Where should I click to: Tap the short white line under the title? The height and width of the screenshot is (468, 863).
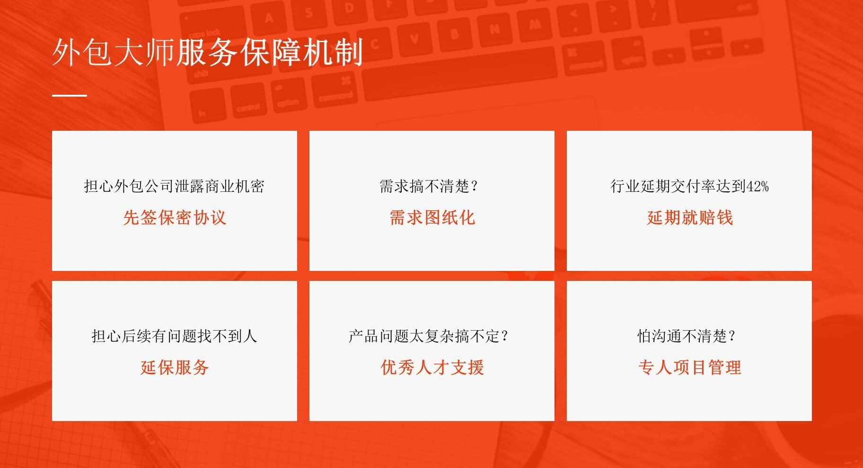pos(70,95)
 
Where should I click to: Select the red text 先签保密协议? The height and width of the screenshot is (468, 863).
pos(175,217)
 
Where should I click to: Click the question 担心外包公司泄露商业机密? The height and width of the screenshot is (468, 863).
pos(174,186)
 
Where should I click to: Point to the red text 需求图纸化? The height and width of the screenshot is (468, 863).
pos(432,217)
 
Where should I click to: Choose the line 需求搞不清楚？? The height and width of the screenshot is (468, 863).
pos(429,186)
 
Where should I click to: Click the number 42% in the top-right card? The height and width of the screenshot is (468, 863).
pos(757,187)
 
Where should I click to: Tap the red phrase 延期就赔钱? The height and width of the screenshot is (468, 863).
pos(690,217)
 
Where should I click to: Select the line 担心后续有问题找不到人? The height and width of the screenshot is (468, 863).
pos(174,336)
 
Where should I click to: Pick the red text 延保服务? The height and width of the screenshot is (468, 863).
pos(175,367)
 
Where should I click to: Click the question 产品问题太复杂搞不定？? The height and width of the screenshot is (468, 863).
pos(429,336)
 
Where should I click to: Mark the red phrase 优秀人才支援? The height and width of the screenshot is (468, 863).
pos(432,367)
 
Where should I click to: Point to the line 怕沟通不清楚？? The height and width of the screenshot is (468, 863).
pos(687,336)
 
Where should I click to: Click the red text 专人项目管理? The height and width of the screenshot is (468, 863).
pos(689,367)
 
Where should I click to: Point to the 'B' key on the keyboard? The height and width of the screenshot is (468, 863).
pos(455,34)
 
